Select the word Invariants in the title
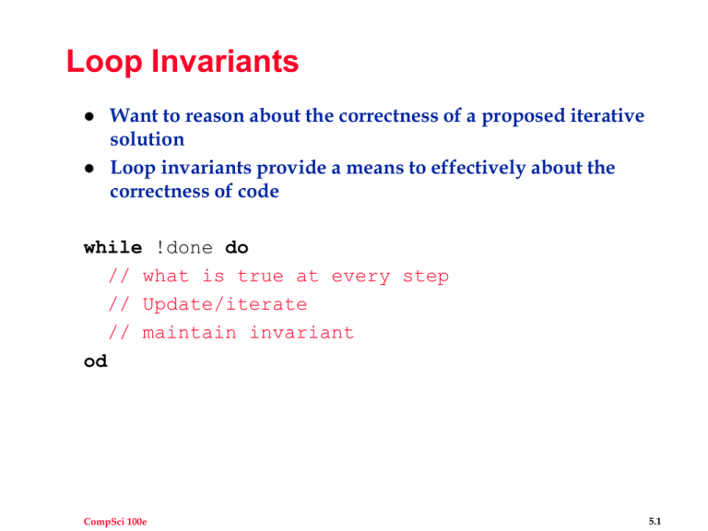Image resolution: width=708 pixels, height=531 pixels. click(225, 63)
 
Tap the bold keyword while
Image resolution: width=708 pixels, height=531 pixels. click(112, 248)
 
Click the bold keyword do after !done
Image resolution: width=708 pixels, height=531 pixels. click(237, 248)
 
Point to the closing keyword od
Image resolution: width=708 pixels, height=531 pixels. click(95, 361)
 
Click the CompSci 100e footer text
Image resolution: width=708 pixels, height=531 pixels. click(99, 496)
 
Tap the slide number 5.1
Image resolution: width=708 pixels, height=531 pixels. click(655, 496)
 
